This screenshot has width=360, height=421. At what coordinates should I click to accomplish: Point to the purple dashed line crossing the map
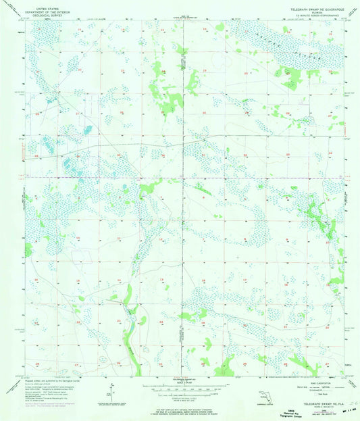[x=180, y=178]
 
